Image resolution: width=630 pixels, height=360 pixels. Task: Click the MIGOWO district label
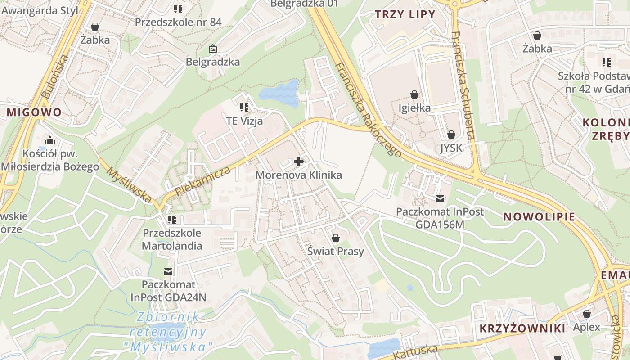point(34,112)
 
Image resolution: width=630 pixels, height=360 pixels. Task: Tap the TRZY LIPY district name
point(405,14)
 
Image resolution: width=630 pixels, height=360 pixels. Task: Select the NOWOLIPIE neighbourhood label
point(539,217)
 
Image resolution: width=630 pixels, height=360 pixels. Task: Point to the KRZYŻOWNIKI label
point(522,328)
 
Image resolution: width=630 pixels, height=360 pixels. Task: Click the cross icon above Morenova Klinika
point(299,161)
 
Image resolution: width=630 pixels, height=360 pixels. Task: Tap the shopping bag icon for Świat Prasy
point(336,238)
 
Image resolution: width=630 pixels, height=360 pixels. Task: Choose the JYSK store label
point(451,148)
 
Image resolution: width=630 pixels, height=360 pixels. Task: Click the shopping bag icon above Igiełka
point(414,94)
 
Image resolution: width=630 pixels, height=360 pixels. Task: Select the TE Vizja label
point(244,121)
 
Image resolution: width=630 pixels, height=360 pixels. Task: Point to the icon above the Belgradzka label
point(212,48)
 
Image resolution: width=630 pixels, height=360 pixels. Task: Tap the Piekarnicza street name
point(203,181)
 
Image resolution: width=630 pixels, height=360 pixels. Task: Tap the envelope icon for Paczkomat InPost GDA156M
point(440,198)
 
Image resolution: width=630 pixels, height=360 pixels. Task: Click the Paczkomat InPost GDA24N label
point(168,291)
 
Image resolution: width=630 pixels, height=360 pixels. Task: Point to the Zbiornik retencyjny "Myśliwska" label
point(168,332)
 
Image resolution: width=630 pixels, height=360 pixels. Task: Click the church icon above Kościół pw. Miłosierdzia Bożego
point(49,140)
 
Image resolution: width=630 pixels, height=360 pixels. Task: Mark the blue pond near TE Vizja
point(280,93)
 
